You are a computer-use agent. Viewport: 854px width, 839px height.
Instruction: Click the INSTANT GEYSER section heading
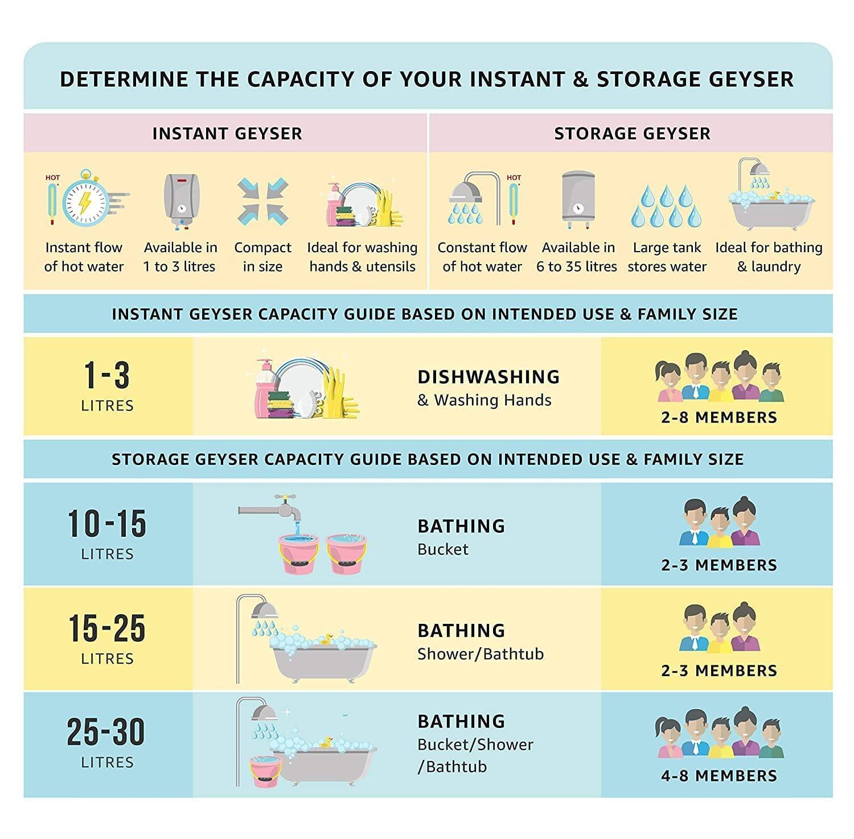[227, 134]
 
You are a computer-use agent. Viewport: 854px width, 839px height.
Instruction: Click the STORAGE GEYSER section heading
[632, 134]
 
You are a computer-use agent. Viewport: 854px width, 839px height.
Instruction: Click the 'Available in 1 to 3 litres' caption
[180, 257]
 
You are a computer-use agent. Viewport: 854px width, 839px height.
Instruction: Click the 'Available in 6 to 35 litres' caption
[577, 257]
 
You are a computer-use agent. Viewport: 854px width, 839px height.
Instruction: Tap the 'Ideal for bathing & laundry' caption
[769, 257]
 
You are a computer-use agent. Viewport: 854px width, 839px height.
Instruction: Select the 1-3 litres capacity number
[107, 376]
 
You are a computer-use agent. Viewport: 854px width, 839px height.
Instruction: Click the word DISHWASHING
[488, 377]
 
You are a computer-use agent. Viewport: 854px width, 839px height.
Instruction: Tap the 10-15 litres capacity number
[107, 524]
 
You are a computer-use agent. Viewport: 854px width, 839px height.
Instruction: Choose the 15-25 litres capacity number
[107, 628]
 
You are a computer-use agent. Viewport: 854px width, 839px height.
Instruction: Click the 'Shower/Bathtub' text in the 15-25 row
[480, 654]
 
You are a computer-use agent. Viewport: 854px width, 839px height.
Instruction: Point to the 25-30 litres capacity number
[106, 732]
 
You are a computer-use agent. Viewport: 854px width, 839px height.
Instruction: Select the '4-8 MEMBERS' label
[718, 776]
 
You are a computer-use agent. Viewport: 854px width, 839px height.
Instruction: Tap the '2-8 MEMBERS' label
[718, 417]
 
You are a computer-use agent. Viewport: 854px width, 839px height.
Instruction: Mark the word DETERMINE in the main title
[124, 79]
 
